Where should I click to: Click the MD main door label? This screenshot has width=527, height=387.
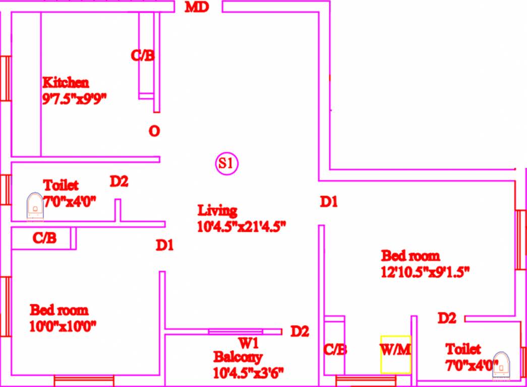[x=197, y=8]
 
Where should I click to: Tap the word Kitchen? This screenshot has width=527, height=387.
[x=66, y=82]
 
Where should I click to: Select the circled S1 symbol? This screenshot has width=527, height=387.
[x=226, y=163]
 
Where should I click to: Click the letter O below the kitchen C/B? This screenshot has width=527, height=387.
[x=154, y=132]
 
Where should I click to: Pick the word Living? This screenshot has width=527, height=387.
[x=217, y=210]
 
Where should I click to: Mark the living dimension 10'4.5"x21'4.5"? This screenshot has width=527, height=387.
[x=242, y=226]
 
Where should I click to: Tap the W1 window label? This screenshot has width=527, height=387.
[x=249, y=344]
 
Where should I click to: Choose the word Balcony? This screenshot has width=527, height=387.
[x=238, y=358]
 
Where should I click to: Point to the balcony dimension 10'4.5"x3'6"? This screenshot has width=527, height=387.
[x=249, y=373]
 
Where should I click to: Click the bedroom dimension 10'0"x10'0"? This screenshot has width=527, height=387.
[x=63, y=326]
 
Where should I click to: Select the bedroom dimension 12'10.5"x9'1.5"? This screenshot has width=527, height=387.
[x=425, y=272]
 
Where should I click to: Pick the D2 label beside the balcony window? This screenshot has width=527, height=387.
[x=300, y=332]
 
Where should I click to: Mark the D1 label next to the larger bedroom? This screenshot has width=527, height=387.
[x=329, y=202]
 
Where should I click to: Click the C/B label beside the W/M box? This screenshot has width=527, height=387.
[x=335, y=349]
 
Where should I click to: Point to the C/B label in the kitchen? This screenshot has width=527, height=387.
[x=143, y=55]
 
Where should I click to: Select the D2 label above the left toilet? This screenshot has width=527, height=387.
[x=119, y=181]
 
